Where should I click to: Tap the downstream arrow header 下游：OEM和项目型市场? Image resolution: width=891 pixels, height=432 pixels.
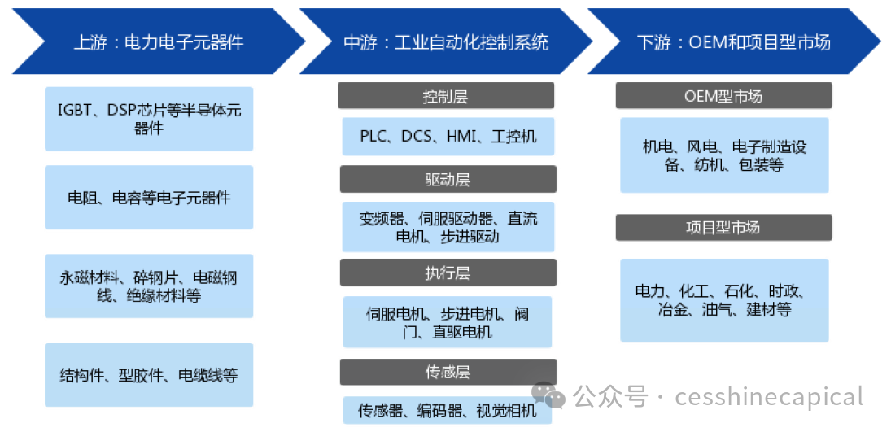[734, 41]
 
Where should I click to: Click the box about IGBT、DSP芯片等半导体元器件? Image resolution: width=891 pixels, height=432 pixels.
[149, 119]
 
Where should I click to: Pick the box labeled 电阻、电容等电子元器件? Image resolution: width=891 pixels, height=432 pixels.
[149, 197]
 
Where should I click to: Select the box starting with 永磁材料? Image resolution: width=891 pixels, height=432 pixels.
[149, 286]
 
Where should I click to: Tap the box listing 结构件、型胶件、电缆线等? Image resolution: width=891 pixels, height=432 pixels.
[149, 374]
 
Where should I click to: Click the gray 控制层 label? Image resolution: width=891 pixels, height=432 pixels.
[446, 95]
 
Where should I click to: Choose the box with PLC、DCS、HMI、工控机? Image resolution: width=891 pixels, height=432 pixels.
[448, 137]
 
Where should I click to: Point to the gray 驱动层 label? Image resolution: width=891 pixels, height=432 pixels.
[448, 179]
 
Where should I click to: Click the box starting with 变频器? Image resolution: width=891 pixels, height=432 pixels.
[448, 226]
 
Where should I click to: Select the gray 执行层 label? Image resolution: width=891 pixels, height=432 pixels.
[448, 273]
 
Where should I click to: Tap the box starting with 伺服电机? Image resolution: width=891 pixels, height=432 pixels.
[448, 321]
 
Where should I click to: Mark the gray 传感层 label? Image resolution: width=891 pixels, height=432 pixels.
[448, 373]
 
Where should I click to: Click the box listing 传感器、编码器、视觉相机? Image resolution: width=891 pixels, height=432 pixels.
[448, 410]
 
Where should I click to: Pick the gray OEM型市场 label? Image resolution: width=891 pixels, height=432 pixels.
[724, 95]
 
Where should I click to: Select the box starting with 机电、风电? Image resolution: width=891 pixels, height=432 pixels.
[724, 155]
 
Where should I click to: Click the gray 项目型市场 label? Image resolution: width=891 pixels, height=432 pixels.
[724, 227]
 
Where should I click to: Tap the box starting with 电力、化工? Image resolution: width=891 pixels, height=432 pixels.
[724, 300]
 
